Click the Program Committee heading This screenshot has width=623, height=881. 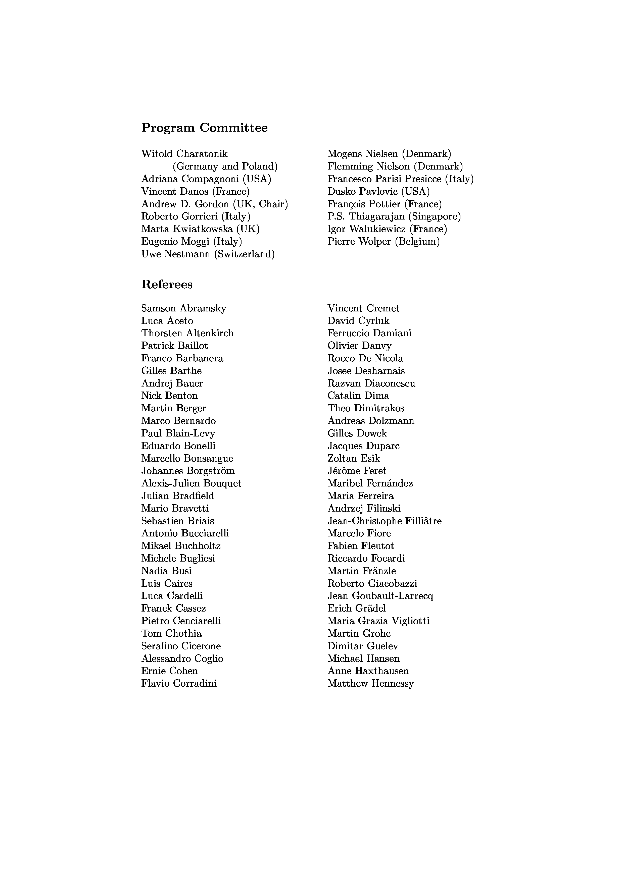[x=204, y=128]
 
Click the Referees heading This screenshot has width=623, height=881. [x=167, y=285]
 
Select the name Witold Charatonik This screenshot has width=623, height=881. [x=184, y=154]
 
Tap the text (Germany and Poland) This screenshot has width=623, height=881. [x=225, y=167]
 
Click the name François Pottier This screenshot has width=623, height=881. [x=364, y=204]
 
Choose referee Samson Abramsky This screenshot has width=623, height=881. [x=183, y=308]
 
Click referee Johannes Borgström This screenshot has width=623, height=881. [x=188, y=471]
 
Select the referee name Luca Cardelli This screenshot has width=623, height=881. [x=172, y=596]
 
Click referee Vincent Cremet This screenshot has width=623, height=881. [x=363, y=308]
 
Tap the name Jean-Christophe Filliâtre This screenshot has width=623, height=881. [x=384, y=521]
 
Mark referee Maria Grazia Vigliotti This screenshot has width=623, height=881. [x=378, y=621]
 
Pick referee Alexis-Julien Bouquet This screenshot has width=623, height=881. [x=191, y=483]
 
